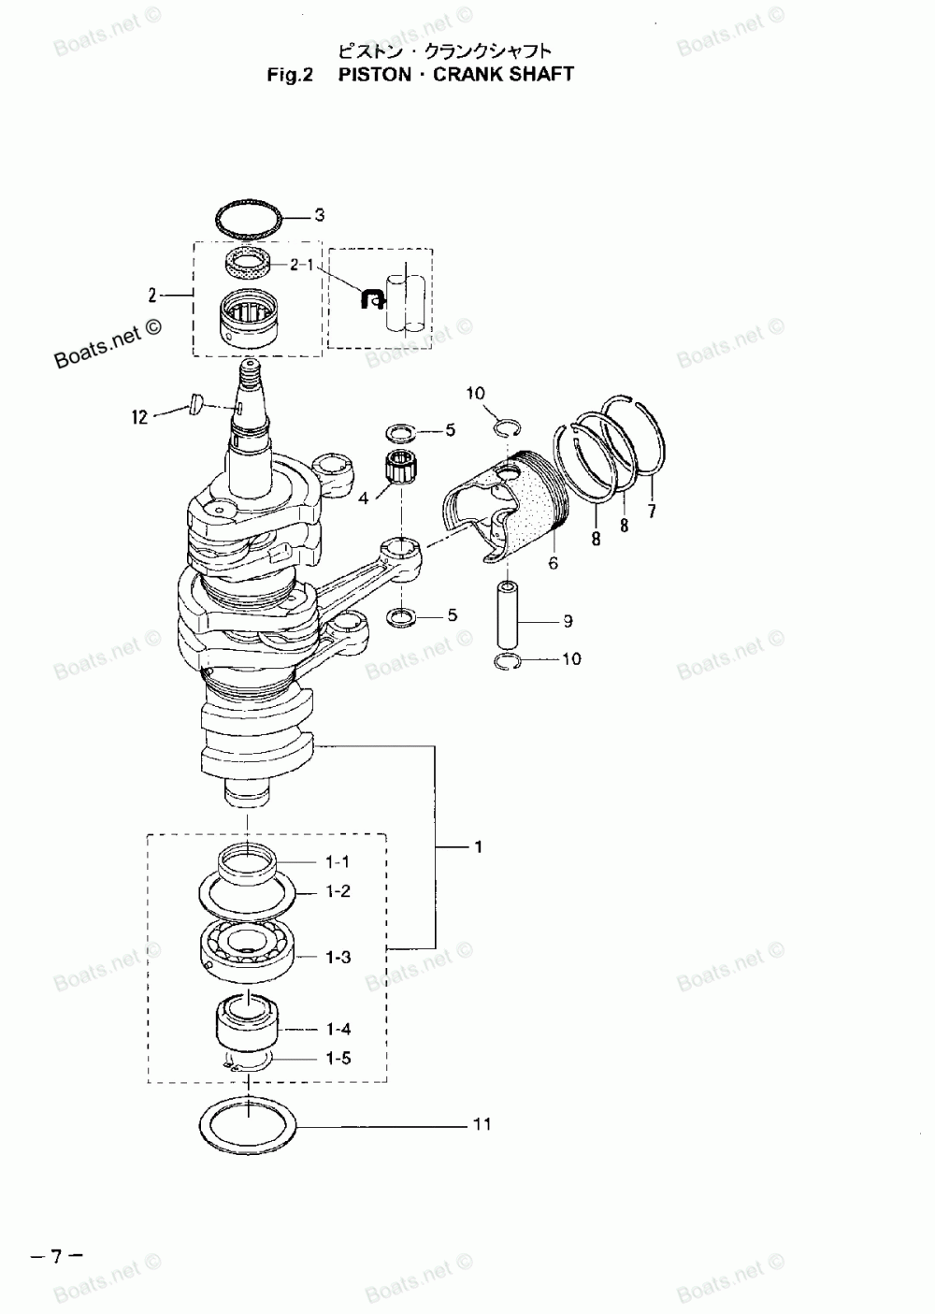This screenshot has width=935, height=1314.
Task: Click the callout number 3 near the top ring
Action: (319, 216)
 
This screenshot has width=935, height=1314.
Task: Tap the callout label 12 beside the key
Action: (139, 417)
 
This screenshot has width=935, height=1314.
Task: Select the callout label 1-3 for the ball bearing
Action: (338, 957)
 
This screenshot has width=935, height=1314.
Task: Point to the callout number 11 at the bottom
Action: (482, 1123)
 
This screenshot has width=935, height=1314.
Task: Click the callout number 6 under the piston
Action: (553, 563)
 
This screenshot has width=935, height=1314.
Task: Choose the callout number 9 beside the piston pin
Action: (568, 621)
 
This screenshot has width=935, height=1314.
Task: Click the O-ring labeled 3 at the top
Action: (249, 221)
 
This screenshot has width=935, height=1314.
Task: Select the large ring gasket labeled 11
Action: (249, 1124)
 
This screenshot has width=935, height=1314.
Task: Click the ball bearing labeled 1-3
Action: (248, 949)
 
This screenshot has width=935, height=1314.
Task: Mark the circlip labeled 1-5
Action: (248, 1064)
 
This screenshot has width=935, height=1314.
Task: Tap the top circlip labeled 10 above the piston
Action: (506, 427)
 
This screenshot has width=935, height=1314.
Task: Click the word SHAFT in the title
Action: (541, 74)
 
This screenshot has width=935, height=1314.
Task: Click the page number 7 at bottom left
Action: (55, 1256)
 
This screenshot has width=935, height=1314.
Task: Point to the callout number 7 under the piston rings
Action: (652, 511)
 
